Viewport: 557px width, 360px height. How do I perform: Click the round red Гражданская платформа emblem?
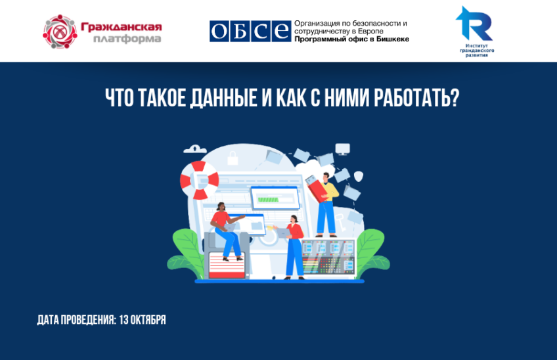tap(60, 32)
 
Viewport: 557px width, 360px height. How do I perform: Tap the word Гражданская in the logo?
tap(121, 27)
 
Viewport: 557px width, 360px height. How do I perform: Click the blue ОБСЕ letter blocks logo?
tap(250, 32)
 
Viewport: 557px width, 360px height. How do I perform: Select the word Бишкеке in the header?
tap(393, 39)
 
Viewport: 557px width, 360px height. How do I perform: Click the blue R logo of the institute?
tap(474, 24)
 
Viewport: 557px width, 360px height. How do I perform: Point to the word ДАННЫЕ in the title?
tap(223, 98)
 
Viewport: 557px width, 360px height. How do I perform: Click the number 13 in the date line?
tap(123, 320)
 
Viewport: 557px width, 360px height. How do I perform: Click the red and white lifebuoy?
tap(199, 180)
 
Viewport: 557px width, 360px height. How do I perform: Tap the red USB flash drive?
tap(316, 189)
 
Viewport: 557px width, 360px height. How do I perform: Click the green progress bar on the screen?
tap(268, 199)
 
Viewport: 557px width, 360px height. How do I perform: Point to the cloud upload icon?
tap(195, 149)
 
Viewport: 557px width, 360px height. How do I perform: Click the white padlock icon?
tap(233, 158)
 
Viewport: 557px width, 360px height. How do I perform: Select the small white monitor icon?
tap(342, 149)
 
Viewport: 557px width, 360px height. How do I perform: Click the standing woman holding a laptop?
tap(292, 248)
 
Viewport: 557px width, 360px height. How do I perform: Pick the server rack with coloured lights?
tap(328, 257)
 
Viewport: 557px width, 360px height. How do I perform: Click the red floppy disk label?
tap(227, 265)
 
